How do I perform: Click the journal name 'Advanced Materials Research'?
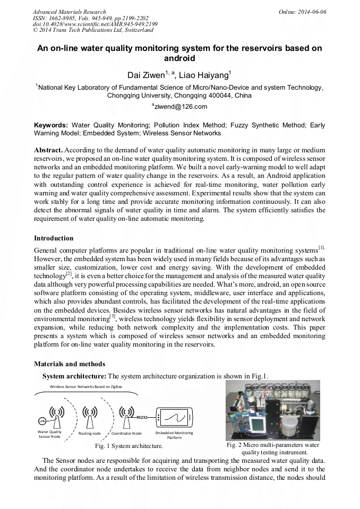pyautogui.click(x=69, y=12)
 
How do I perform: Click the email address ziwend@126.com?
pyautogui.click(x=173, y=107)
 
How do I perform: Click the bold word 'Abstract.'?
pyautogui.click(x=48, y=150)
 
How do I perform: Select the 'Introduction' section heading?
pyautogui.click(x=54, y=238)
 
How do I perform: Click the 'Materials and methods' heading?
pyautogui.click(x=70, y=364)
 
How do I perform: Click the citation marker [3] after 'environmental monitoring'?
pyautogui.click(x=112, y=317)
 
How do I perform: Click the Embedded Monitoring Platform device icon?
pyautogui.click(x=174, y=418)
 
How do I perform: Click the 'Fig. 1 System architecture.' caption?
pyautogui.click(x=129, y=446)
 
